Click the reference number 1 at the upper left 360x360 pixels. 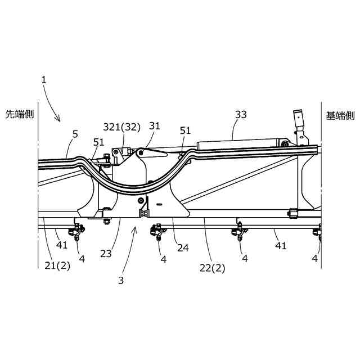(x=44, y=80)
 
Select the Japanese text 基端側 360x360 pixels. (x=340, y=115)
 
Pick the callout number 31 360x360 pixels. (x=154, y=127)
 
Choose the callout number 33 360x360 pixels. (x=241, y=114)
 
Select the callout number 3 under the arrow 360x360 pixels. (x=121, y=278)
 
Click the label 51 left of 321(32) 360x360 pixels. (x=98, y=142)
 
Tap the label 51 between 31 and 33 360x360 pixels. (x=185, y=130)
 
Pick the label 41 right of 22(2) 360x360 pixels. (x=281, y=245)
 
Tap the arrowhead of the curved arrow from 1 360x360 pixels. (x=58, y=120)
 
